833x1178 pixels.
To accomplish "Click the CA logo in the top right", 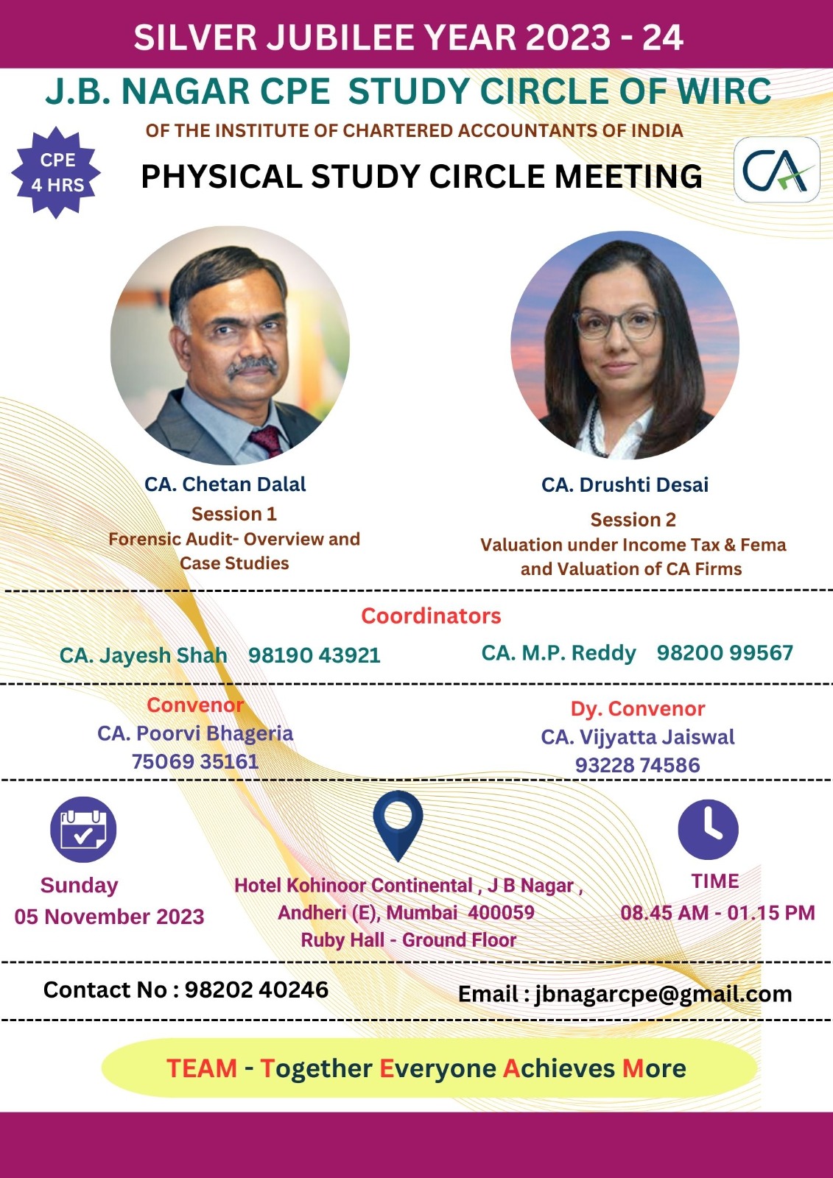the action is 777,170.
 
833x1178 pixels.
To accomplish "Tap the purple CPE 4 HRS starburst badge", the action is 56,172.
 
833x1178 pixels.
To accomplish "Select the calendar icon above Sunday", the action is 83,830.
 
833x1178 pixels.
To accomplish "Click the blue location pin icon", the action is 398,826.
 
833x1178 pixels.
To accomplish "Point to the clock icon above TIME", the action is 708,830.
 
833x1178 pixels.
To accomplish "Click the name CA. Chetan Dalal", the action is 225,484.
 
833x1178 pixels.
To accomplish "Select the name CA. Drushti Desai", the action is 625,485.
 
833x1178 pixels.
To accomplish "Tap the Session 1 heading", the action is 234,514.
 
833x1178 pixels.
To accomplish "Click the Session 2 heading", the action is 633,520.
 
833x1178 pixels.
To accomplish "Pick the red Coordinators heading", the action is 431,616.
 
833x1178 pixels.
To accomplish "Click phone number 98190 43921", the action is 314,655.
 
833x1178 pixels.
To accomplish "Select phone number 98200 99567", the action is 725,652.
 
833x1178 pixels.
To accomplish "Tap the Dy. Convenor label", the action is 638,709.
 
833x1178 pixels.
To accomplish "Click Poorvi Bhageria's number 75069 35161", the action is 194,761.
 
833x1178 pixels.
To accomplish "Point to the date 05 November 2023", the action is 110,917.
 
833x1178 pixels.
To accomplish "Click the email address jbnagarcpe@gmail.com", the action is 663,995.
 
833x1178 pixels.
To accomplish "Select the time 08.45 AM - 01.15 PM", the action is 718,913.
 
